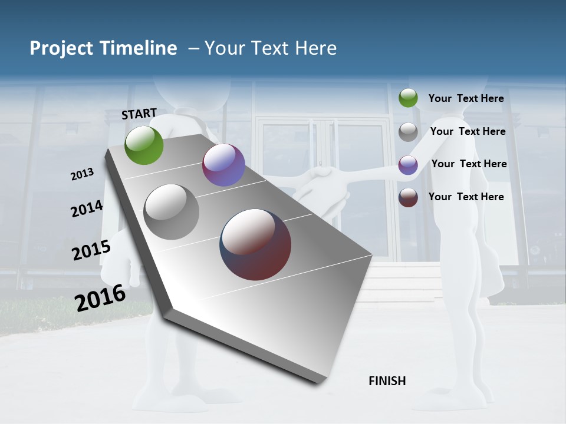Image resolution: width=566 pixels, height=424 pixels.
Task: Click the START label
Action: [139, 114]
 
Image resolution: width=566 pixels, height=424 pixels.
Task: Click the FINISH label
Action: [387, 381]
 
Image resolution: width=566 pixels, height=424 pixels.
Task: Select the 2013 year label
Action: [83, 174]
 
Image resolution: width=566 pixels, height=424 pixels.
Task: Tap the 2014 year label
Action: [87, 208]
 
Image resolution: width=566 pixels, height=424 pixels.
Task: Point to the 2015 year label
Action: [91, 250]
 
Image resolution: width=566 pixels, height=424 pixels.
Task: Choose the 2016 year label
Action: [100, 297]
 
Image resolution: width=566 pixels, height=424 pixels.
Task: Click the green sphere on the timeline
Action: [144, 145]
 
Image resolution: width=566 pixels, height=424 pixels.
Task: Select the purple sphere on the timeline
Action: [223, 165]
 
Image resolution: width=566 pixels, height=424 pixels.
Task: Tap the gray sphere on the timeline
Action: [172, 212]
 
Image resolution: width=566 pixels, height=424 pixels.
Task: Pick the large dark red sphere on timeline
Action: [255, 244]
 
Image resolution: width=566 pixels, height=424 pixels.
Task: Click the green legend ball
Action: [408, 98]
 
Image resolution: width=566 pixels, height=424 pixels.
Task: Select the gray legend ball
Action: [408, 132]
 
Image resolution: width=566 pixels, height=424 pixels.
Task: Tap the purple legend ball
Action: [408, 165]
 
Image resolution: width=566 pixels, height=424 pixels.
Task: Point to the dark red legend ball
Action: [408, 197]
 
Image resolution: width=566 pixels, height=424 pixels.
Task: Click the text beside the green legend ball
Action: [466, 98]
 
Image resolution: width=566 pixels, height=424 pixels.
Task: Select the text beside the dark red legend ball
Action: [466, 197]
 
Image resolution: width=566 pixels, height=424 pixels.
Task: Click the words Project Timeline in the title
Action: [103, 48]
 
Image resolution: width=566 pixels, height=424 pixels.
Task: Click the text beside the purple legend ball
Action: [469, 164]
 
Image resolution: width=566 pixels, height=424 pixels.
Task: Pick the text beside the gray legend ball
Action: [468, 131]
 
